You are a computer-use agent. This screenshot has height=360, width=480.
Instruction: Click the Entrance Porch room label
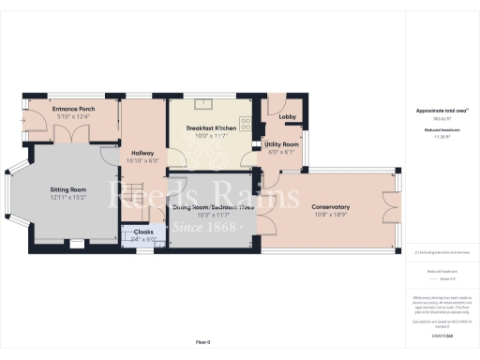[x=73, y=109]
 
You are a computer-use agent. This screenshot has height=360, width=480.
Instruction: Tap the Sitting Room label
[x=67, y=189]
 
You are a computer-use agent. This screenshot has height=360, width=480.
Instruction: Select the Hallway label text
[x=142, y=153]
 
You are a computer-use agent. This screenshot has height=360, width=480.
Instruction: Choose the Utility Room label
[x=282, y=144]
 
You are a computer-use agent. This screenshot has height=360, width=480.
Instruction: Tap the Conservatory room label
[x=331, y=206]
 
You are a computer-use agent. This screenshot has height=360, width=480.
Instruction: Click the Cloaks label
[x=144, y=231]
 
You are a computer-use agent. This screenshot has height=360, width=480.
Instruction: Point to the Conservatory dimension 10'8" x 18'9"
[x=331, y=214]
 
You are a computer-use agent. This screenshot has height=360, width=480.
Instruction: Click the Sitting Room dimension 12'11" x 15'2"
[x=67, y=197]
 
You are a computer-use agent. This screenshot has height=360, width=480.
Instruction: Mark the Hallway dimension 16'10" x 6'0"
[x=142, y=160]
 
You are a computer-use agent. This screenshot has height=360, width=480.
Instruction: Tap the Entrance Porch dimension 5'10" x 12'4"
[x=73, y=116]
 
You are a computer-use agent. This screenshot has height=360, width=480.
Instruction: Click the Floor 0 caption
[x=202, y=341]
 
